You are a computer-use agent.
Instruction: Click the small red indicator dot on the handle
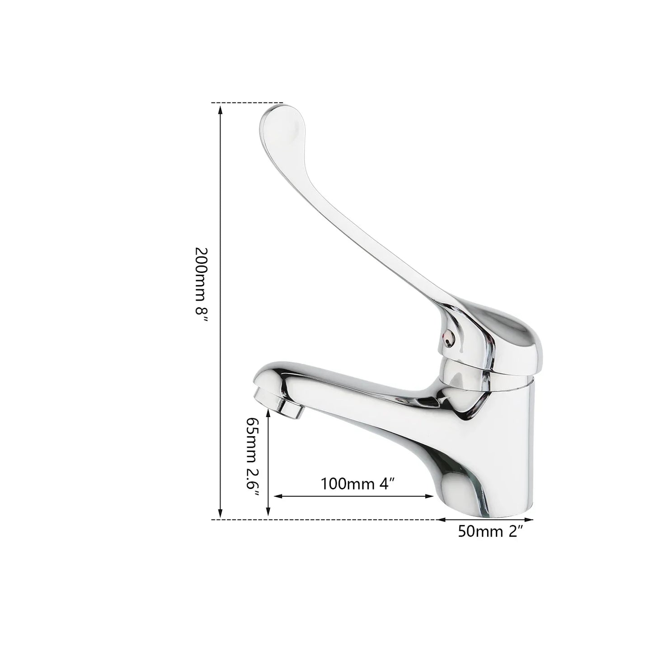(x=447, y=335)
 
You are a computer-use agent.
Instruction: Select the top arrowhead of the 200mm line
(x=221, y=108)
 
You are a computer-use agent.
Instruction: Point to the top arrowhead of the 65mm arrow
(x=268, y=418)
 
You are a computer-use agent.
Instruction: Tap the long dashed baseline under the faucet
(x=325, y=520)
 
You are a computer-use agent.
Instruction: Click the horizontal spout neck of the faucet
(x=362, y=393)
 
